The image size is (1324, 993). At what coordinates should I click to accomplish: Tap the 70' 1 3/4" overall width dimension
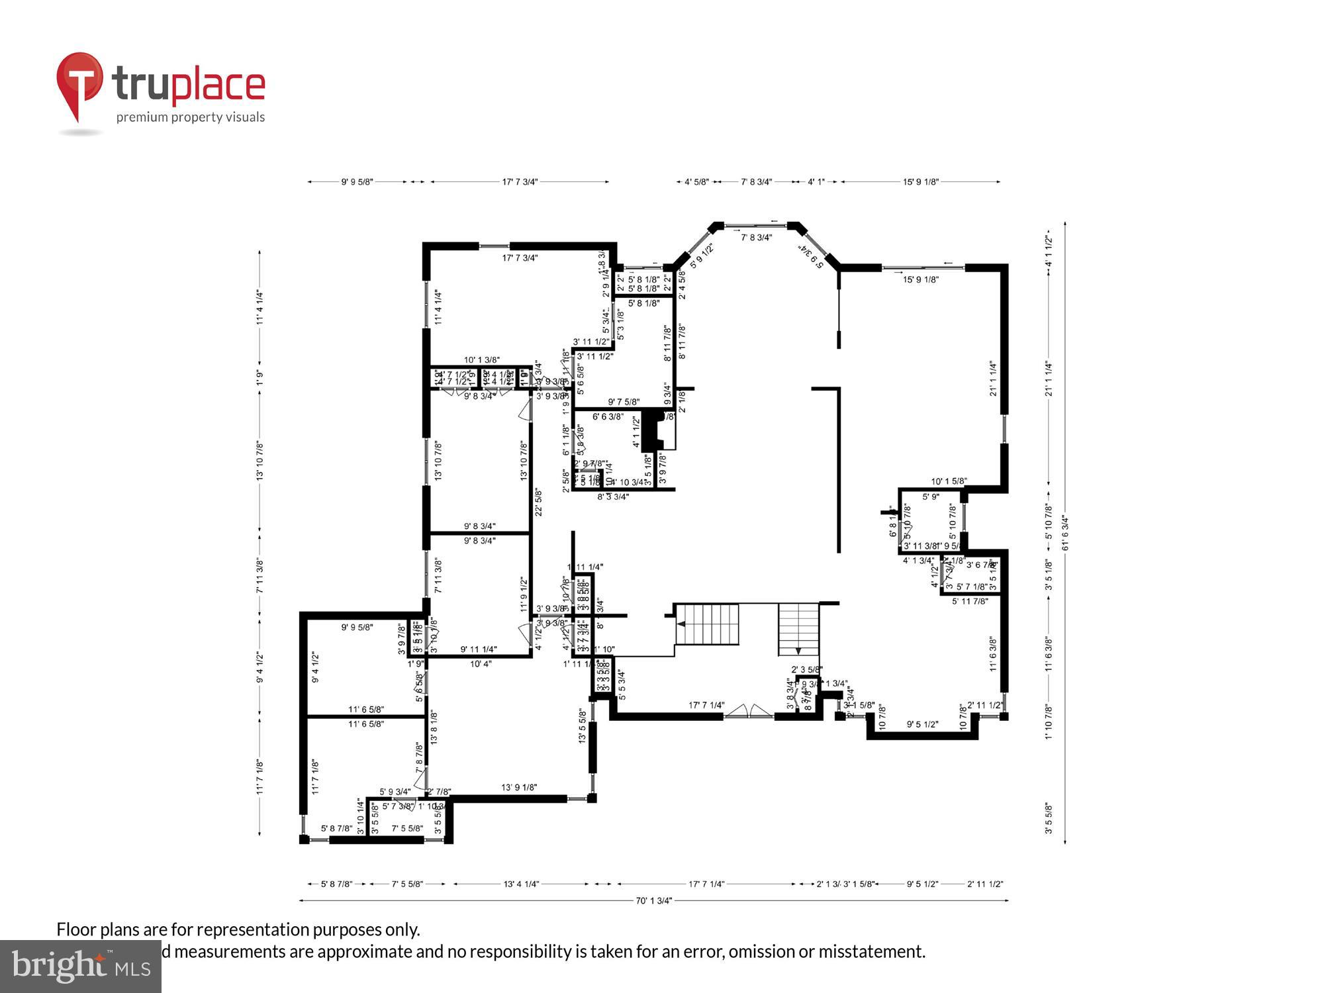point(653,900)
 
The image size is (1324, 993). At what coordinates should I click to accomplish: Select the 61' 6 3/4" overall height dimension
point(1065,533)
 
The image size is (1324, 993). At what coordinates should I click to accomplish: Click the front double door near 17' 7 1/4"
point(748,712)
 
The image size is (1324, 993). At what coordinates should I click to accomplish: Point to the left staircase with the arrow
point(707,624)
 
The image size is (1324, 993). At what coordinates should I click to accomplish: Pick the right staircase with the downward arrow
point(799,629)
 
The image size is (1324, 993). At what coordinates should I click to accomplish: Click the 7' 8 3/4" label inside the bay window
point(756,238)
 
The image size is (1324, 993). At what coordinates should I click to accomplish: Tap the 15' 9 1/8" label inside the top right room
point(921,279)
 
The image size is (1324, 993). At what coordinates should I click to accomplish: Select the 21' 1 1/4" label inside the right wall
point(994,379)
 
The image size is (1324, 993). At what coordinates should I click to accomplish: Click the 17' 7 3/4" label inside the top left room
point(520,258)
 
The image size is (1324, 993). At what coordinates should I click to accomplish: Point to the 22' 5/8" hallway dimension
point(539,502)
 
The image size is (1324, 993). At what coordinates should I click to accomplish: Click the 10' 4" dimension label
point(481,663)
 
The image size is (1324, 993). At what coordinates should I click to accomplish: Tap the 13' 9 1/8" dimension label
point(519,787)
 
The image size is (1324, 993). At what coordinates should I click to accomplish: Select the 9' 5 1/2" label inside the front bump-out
point(922,725)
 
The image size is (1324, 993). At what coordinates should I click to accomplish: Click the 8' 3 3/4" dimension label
point(613,496)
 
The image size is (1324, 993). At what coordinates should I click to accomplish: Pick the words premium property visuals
point(191,117)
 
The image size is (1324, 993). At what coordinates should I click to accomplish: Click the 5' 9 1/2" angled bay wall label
point(702,256)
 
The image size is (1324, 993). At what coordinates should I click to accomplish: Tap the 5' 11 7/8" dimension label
point(970,601)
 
